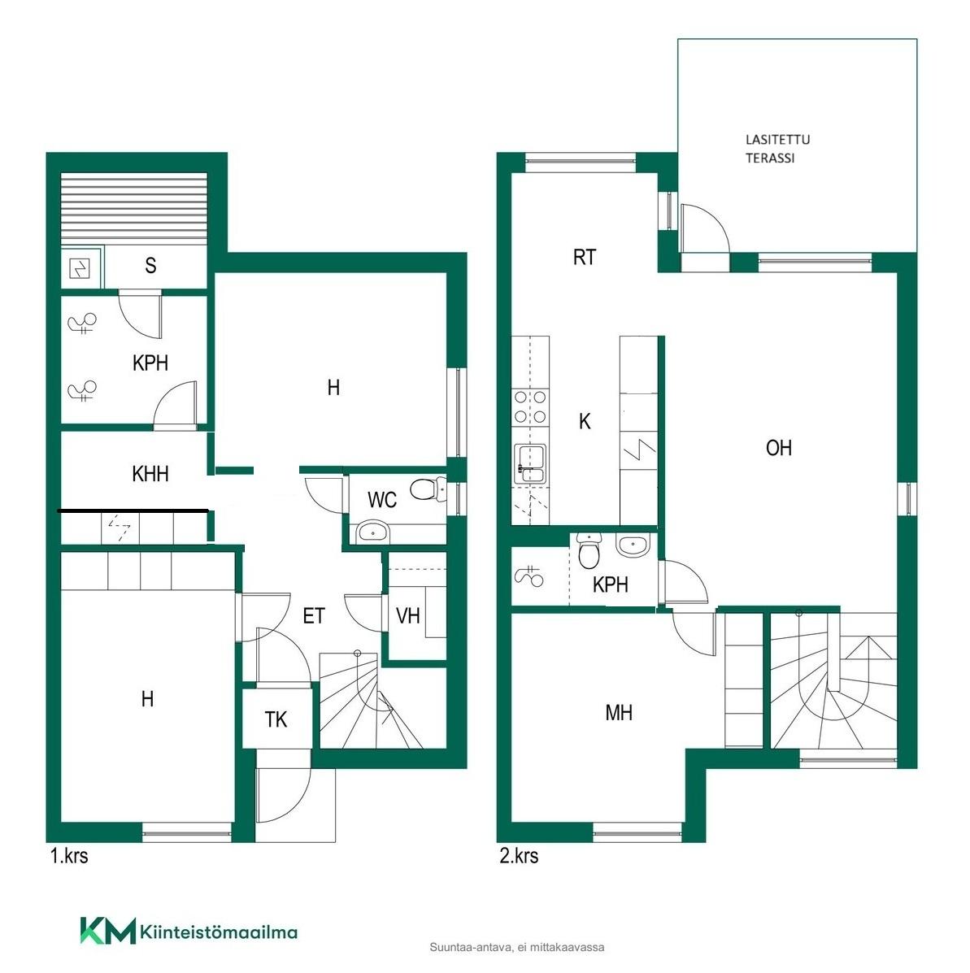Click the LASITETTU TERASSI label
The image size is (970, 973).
coord(777,149)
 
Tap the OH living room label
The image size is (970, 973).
coord(778,448)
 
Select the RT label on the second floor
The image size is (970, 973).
coord(584,257)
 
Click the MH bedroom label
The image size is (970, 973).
coord(619,712)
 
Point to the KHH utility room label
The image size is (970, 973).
coord(150,474)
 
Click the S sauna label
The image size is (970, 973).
coord(150,266)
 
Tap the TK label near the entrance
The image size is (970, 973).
coord(276,719)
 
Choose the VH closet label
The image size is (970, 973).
coord(407,615)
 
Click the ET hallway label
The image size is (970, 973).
coord(313,615)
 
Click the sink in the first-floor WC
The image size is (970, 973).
coord(372,532)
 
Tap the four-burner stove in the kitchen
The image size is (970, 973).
coord(530,407)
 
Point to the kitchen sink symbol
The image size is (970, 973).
coord(530,463)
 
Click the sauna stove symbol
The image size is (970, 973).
coord(80,269)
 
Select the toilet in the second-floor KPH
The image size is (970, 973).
coord(588,550)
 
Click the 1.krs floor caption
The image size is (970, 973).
coord(69,856)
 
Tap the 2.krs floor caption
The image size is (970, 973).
coord(519,856)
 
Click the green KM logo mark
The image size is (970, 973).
coord(107,931)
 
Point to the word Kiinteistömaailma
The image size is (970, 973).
coord(219,932)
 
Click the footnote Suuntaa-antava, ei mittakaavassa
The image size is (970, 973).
coord(517,948)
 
